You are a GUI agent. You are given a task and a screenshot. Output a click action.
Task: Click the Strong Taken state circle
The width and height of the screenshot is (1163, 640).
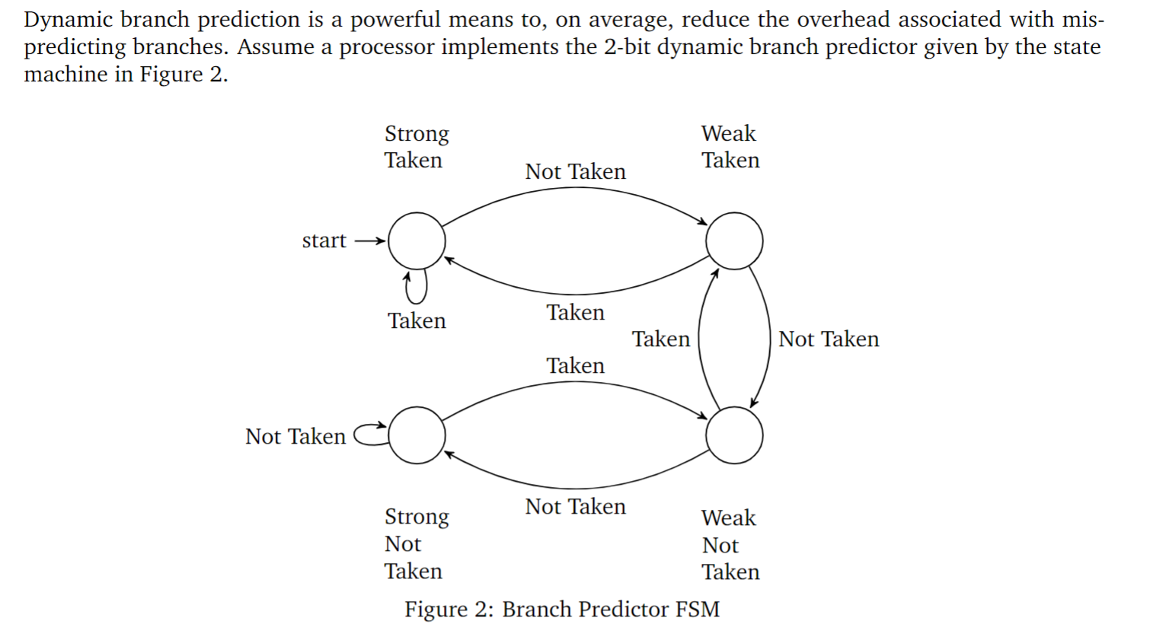417,240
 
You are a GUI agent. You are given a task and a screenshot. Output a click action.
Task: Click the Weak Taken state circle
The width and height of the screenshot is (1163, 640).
733,240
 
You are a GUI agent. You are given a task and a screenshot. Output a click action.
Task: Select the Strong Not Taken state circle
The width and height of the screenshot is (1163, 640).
417,435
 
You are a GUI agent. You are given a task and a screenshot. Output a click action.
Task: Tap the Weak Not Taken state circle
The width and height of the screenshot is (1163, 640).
733,435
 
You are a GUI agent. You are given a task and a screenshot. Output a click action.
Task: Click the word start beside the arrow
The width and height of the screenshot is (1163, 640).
324,240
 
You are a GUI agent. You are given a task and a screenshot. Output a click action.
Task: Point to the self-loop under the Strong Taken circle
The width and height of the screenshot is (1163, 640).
415,288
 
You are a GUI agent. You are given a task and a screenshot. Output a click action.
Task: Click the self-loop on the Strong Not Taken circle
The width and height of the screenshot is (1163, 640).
371,434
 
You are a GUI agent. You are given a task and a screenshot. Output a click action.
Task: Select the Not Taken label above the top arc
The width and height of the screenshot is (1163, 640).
575,172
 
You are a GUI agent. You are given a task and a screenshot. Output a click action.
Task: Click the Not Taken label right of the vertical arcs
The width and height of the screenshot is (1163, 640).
829,339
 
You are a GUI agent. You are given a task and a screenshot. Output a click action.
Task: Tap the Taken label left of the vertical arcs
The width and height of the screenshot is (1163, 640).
660,339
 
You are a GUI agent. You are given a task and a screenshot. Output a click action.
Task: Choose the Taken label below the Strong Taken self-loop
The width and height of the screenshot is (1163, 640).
417,321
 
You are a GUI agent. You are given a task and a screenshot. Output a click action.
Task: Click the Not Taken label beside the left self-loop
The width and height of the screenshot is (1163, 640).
296,437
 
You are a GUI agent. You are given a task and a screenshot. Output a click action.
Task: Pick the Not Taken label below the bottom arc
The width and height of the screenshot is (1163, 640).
575,507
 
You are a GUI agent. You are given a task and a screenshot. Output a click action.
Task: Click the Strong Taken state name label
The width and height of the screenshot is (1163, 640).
416,147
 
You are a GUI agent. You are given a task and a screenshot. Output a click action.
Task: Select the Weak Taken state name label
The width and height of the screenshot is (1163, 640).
730,147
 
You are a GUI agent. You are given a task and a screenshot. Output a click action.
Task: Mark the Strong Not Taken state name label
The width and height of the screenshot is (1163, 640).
416,544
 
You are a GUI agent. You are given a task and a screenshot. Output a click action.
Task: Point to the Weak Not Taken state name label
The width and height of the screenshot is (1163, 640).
730,545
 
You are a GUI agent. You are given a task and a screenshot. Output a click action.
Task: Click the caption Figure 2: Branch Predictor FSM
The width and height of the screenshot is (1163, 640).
562,610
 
